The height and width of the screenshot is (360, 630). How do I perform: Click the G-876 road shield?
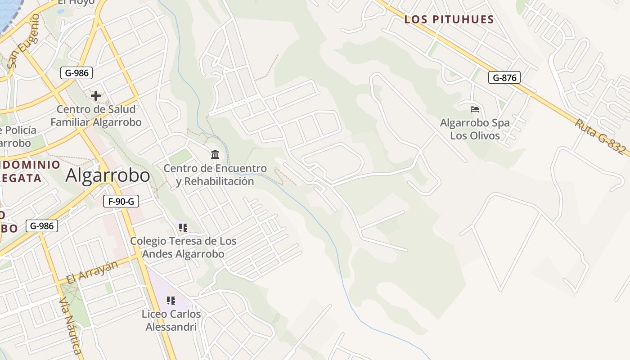coord(504,77)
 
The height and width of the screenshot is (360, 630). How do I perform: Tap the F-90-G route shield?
coord(121,201)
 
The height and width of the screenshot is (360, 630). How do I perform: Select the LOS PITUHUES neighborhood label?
coord(449,19)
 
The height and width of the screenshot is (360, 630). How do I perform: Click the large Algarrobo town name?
coord(108,175)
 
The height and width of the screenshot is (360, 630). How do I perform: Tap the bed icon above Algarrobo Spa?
coord(474,109)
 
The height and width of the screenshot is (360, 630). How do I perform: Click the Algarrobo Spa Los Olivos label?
coord(475,129)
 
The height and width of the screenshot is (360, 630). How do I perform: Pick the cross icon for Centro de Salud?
coord(96,95)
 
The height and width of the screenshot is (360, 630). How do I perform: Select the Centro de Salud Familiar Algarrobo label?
coord(96,116)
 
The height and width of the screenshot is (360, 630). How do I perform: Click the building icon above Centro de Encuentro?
coord(215,155)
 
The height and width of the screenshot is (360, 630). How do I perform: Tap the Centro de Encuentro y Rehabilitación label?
coord(215,175)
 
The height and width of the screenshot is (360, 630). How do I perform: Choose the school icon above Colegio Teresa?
coord(183,228)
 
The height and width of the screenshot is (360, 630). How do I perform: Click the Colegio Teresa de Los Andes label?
coord(183,247)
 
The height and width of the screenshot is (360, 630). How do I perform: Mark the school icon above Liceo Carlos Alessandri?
coord(171,300)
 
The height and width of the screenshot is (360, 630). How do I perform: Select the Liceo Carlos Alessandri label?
coord(171,320)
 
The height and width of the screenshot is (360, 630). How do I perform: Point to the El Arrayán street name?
coord(92,272)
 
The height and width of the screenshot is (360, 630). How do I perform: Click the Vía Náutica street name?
coord(71,326)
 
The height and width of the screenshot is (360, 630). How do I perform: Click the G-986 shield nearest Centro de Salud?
coord(76,72)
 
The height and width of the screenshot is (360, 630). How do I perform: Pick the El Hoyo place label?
coord(76,2)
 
